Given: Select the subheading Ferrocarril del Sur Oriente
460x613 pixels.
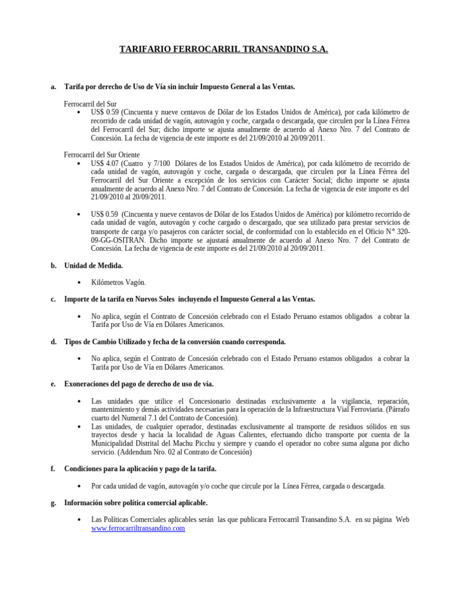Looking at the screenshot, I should (x=102, y=154).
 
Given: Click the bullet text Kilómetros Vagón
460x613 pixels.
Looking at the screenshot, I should (x=119, y=282).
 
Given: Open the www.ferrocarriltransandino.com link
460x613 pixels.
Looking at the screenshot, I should (x=138, y=529).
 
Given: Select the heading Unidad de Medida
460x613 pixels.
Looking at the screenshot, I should (x=93, y=265).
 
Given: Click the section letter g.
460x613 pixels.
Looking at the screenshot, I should (x=53, y=503).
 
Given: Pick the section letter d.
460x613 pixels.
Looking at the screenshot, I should (x=53, y=342).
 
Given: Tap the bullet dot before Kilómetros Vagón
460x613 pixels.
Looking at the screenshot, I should (x=80, y=283).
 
